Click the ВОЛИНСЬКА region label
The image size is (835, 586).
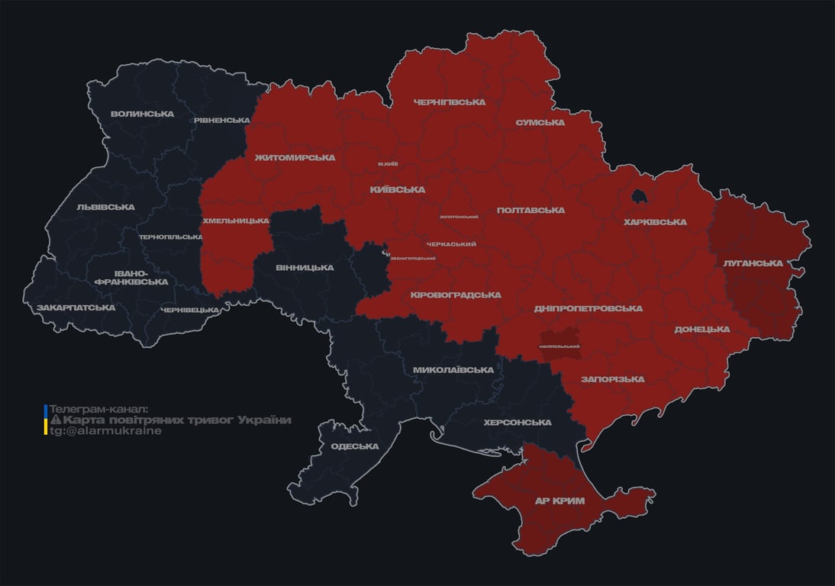142,114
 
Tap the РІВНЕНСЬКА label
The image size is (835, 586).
221,121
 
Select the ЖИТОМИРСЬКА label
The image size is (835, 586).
295,158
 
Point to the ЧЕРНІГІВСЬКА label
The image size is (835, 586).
450,102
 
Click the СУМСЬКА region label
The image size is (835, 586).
540,123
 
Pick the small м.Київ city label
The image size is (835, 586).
388,164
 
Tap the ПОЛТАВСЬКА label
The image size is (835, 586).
530,211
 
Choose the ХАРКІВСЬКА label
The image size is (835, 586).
655,223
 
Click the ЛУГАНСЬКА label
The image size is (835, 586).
753,263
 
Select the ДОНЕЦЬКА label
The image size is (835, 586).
702,330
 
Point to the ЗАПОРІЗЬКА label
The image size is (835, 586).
612,379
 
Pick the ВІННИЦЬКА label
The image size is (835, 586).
305,268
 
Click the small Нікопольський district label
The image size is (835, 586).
559,346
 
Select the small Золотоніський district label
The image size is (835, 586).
459,217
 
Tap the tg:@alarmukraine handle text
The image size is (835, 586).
105,431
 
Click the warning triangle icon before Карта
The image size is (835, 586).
55,420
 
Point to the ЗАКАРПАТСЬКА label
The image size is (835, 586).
76,308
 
